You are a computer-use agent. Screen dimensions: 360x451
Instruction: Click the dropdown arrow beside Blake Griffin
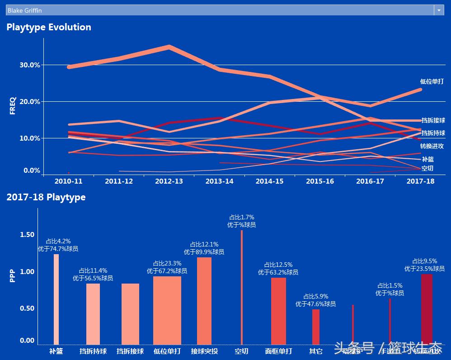(x=439, y=10)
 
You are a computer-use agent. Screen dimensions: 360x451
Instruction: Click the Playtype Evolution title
(x=49, y=27)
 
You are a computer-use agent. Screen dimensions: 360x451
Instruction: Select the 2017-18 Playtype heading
(x=46, y=197)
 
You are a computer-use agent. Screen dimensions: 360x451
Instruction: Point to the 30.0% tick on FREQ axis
(x=30, y=65)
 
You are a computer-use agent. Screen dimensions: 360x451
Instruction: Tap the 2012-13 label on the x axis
(x=169, y=181)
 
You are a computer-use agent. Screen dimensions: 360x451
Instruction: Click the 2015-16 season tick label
(x=320, y=181)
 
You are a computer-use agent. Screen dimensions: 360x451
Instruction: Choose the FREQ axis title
(x=13, y=105)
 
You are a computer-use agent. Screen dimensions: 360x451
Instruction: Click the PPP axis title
(x=13, y=276)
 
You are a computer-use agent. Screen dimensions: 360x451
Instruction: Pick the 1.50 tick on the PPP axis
(x=27, y=235)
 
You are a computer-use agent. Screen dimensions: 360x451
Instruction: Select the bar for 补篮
(x=56, y=299)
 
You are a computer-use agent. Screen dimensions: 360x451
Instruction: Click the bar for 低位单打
(x=167, y=310)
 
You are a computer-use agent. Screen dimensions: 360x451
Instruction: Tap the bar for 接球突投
(x=204, y=301)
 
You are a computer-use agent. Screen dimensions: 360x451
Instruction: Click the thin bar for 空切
(x=242, y=288)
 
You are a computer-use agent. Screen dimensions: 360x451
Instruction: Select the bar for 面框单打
(x=278, y=311)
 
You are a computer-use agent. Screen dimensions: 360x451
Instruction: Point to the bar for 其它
(x=316, y=327)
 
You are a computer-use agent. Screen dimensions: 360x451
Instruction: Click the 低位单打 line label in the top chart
(x=432, y=82)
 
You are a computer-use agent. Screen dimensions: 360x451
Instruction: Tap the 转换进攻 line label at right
(x=432, y=146)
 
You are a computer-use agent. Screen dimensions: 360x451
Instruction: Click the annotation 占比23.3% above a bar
(x=167, y=263)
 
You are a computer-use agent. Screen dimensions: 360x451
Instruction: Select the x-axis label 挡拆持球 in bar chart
(x=93, y=351)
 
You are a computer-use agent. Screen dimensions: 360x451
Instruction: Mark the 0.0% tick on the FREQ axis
(x=32, y=171)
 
